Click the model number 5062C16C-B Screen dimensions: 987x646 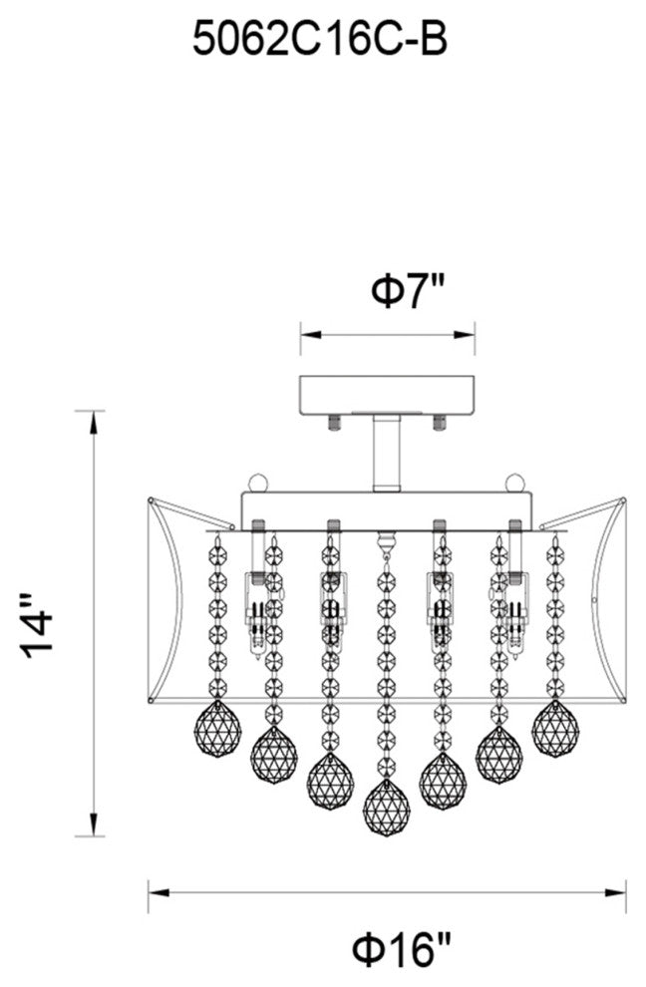coord(320,41)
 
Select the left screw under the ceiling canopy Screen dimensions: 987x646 coord(333,421)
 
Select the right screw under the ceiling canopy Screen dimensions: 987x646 coord(440,421)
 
